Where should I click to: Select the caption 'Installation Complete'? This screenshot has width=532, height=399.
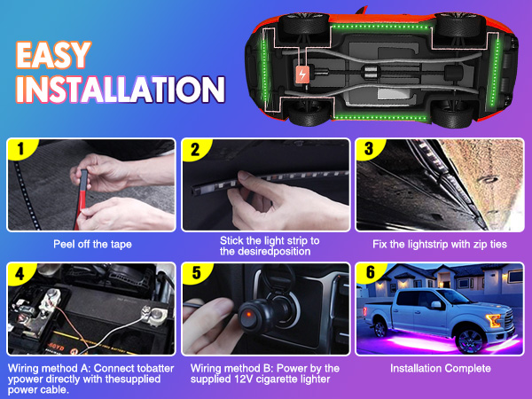[x=441, y=367]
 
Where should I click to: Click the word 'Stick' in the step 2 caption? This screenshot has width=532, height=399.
[x=231, y=239]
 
